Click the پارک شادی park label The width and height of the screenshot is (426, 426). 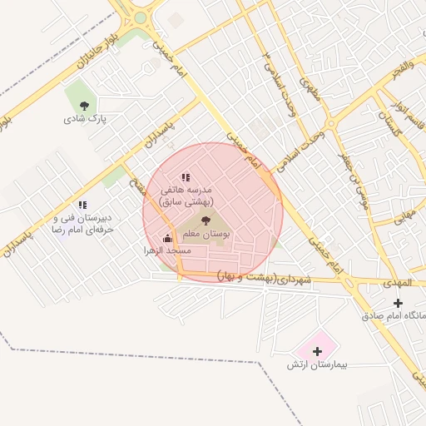(81, 119)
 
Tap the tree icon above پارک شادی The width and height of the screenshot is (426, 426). (83, 106)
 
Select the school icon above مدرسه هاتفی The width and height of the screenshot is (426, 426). (186, 177)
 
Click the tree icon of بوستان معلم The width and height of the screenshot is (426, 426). (206, 220)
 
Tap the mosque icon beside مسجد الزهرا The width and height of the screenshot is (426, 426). (167, 239)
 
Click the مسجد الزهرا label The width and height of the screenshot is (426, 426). (167, 250)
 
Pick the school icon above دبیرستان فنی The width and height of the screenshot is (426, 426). (82, 204)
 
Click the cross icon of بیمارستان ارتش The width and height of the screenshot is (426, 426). (316, 351)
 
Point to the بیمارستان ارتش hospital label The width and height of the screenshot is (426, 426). (315, 365)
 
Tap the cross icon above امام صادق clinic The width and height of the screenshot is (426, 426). (398, 303)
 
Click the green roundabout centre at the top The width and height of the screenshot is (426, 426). (140, 17)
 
